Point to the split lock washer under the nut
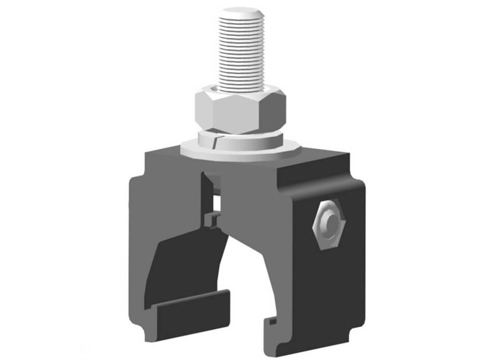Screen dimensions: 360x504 pos(238,137)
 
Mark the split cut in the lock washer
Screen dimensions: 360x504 pos(215,139)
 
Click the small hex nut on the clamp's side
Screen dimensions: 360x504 pos(327,225)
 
